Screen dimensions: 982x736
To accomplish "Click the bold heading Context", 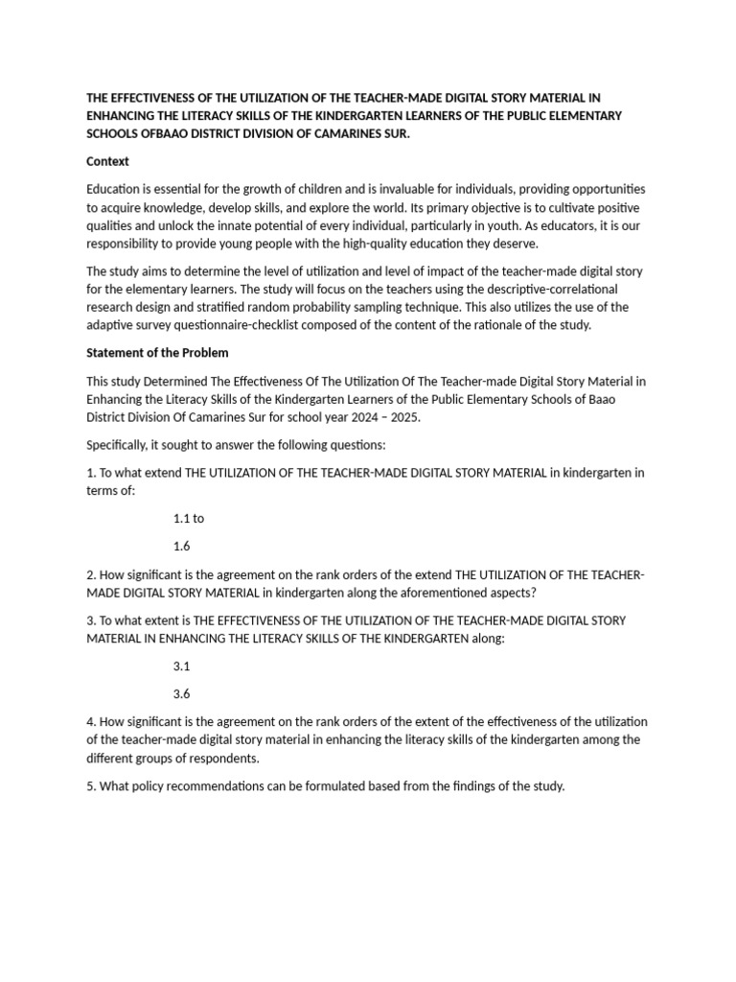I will pyautogui.click(x=107, y=161).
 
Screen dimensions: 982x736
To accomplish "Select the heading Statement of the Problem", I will pyautogui.click(x=157, y=353).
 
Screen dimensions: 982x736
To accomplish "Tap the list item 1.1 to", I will pyautogui.click(x=189, y=518).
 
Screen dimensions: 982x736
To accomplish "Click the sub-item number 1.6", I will pyautogui.click(x=182, y=546).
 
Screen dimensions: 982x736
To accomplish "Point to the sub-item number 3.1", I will pyautogui.click(x=182, y=665).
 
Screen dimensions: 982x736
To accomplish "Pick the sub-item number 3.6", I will pyautogui.click(x=182, y=693).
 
